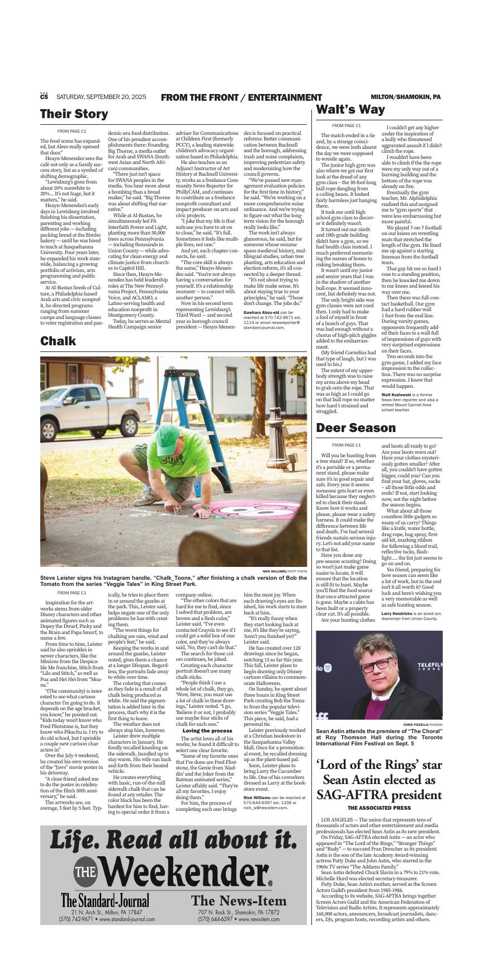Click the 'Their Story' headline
[74, 114]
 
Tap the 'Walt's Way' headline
[351, 109]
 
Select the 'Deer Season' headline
[356, 428]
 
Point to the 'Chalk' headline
[58, 341]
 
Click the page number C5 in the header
[44, 97]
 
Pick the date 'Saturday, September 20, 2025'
[101, 97]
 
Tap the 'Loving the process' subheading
[207, 731]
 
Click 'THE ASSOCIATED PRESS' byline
[379, 808]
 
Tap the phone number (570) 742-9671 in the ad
[76, 919]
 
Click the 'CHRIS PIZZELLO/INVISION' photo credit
[422, 724]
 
